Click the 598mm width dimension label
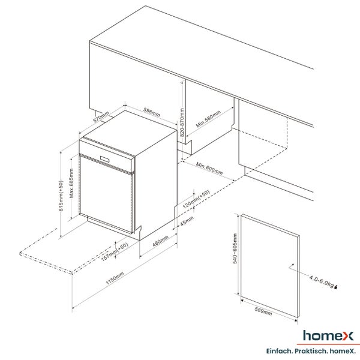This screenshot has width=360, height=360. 152,112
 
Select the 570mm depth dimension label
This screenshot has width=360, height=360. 101,117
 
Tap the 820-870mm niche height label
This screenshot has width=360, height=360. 182,122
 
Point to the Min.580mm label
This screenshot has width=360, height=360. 208,119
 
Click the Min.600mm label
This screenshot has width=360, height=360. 209,168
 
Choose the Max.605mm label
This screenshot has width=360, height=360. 71,183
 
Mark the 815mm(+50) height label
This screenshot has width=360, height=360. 61,196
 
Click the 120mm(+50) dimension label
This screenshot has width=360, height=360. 196,199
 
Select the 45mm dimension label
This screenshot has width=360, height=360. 187,221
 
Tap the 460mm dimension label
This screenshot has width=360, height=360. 160,241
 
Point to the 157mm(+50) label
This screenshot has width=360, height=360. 115,251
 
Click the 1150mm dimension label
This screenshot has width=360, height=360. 115,278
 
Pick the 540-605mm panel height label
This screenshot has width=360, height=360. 235,248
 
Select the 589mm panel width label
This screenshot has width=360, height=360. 263,311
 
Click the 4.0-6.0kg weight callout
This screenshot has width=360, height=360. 321,281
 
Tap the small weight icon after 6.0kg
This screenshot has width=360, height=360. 337,287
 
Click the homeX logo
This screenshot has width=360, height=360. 328,336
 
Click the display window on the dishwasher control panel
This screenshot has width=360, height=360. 105,159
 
